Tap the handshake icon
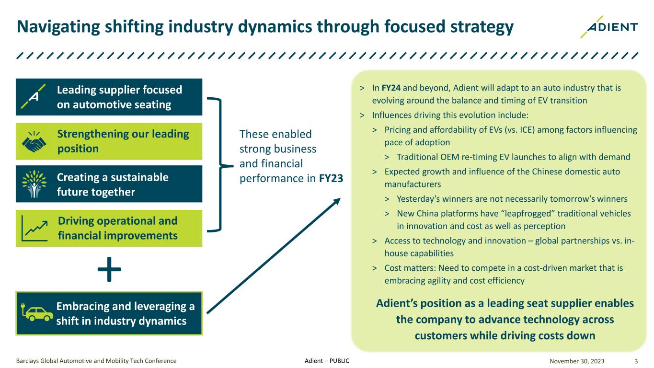(34, 141)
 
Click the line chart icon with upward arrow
(34, 229)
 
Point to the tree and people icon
(34, 184)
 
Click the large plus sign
(109, 269)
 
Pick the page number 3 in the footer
(635, 360)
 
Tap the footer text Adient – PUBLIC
(327, 360)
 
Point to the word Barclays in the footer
(28, 360)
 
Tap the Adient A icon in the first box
(34, 97)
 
